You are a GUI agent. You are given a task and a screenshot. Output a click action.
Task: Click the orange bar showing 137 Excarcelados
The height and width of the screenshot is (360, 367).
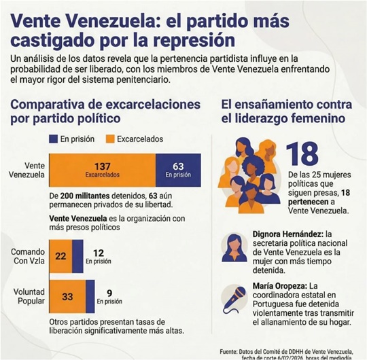(x=103, y=170)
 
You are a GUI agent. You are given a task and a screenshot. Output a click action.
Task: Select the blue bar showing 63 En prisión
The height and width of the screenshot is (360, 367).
(x=179, y=170)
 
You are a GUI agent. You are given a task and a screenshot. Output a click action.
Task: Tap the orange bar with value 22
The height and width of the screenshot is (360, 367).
(x=60, y=256)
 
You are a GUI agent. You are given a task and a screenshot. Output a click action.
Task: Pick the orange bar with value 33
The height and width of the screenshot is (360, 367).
(x=67, y=296)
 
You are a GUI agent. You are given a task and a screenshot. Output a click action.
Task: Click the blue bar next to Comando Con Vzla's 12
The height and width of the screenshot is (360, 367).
(x=77, y=256)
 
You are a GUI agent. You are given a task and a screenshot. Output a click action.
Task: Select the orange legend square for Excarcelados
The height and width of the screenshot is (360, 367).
(x=107, y=139)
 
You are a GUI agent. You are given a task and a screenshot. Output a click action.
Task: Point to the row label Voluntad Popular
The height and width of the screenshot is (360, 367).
(x=27, y=296)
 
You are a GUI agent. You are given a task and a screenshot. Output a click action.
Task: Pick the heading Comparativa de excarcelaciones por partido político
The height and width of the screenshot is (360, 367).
(x=105, y=111)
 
